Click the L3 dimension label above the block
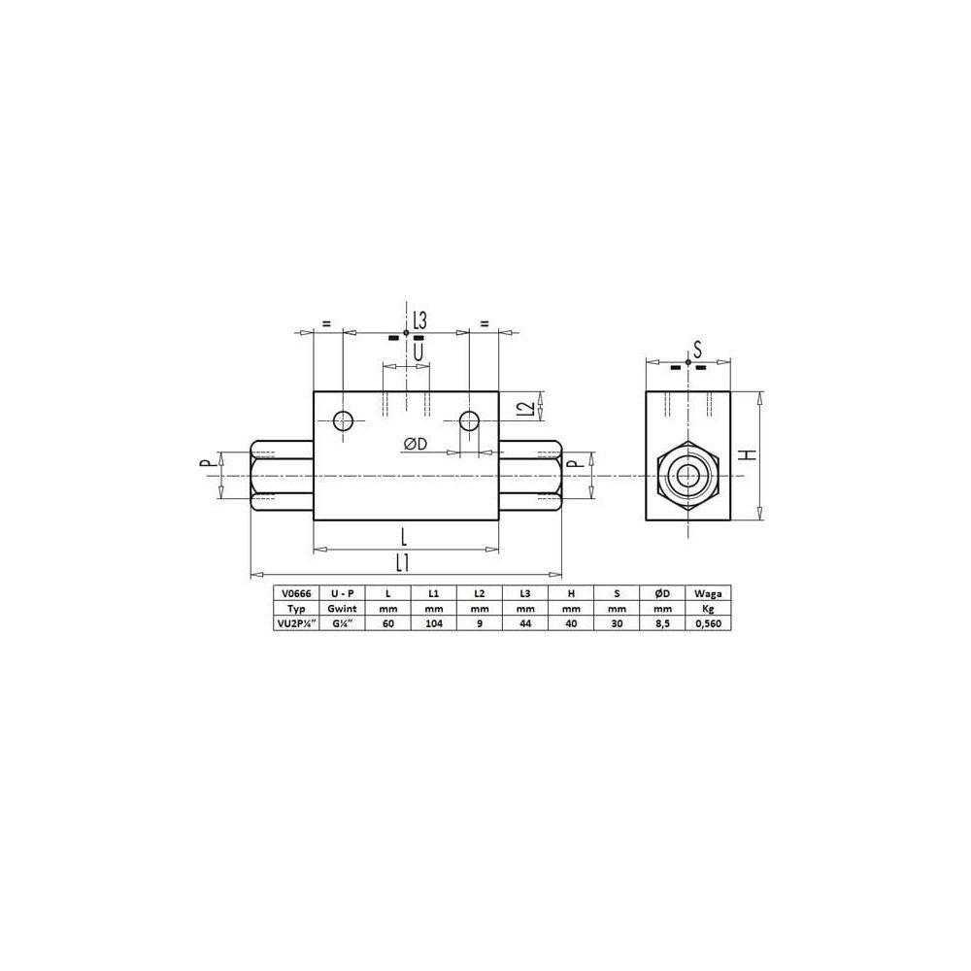coord(419,320)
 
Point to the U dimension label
coord(419,351)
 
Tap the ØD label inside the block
coord(415,444)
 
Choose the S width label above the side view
coord(696,350)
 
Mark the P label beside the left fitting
coord(206,464)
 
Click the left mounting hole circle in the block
coord(343,420)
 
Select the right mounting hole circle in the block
coord(469,420)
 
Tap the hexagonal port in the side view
coord(687,476)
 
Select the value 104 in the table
coord(433,625)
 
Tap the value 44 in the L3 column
coord(525,625)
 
